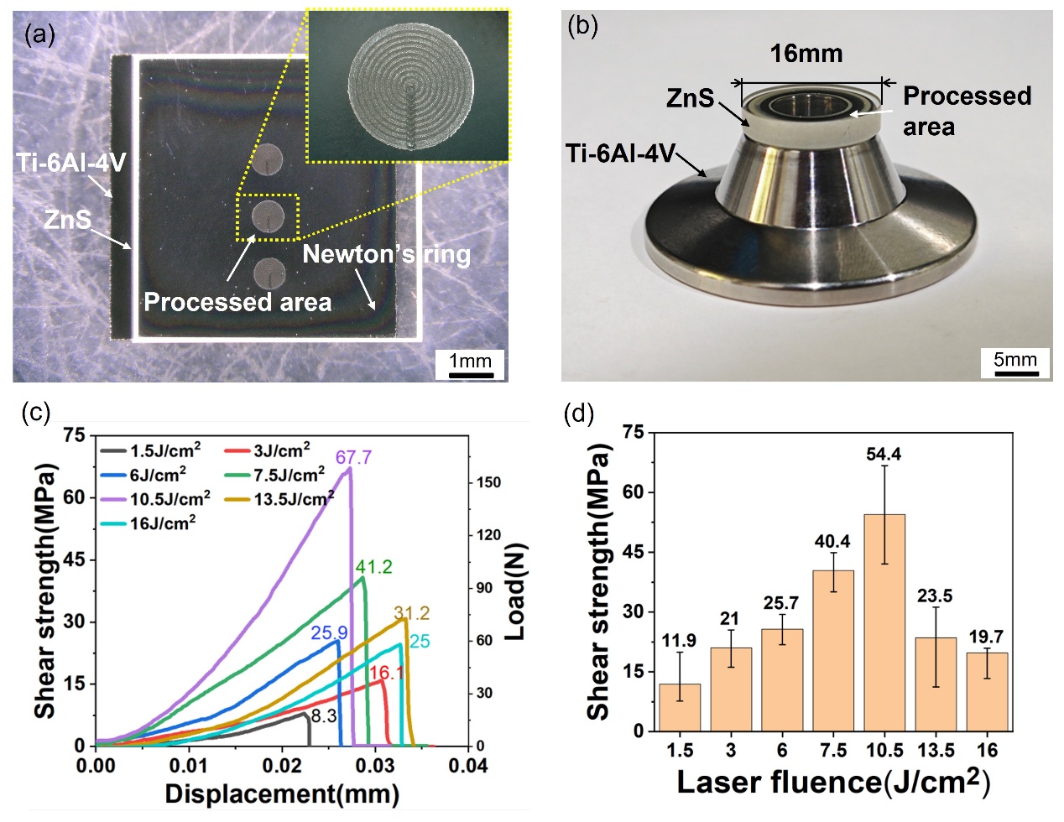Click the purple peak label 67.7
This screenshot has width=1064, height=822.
(x=353, y=457)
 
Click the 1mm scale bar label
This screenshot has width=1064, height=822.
(x=470, y=361)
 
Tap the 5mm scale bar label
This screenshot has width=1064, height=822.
(x=1015, y=360)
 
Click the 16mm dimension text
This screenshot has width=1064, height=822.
(x=806, y=55)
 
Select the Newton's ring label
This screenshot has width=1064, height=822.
(x=386, y=254)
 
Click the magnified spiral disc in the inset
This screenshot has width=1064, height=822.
(x=409, y=86)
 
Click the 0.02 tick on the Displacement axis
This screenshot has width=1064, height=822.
(x=282, y=765)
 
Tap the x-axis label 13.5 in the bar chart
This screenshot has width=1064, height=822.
(x=936, y=749)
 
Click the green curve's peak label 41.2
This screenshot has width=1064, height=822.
(x=374, y=567)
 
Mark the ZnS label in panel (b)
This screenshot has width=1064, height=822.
(x=690, y=98)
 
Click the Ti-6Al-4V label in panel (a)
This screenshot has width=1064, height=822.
(x=70, y=162)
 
